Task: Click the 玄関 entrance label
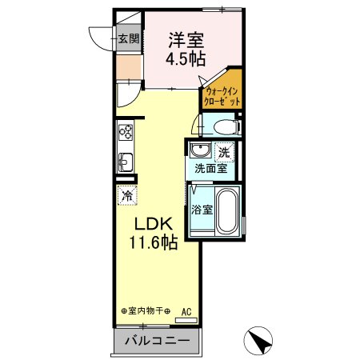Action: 129,38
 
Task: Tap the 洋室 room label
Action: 186,38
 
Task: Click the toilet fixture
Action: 222,126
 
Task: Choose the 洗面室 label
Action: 212,168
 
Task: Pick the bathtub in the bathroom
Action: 229,211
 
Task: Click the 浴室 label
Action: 202,210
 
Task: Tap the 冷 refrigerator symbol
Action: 126,194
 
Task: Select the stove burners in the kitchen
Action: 126,133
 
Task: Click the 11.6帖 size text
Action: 149,243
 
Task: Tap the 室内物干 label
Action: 146,311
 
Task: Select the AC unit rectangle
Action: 186,322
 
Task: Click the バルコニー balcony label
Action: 157,342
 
